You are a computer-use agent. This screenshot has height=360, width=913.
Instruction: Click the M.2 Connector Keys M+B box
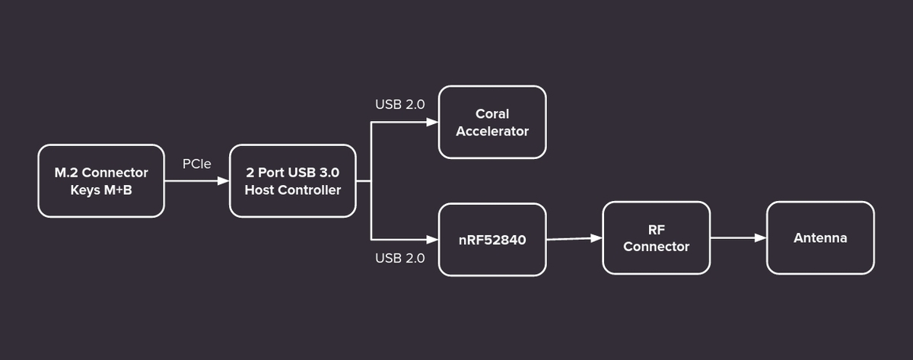coord(101,180)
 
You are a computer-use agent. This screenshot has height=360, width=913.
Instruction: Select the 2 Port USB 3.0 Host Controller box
coord(293,180)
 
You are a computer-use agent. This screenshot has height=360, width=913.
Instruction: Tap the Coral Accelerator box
coord(492,122)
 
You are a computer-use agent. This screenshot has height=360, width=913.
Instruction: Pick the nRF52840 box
coord(492,240)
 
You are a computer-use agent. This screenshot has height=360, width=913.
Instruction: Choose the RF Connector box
coord(656,237)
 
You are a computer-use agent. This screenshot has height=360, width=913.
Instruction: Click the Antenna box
coord(820,237)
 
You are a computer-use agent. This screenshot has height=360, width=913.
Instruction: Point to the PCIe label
coord(197,164)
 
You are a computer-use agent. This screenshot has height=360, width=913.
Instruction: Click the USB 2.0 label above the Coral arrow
coord(400,104)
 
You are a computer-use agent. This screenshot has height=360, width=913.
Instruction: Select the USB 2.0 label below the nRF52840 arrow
coord(400,258)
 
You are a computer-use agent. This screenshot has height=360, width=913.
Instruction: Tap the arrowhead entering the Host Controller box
coord(224,180)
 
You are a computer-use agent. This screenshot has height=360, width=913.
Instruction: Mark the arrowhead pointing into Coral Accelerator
coord(432,122)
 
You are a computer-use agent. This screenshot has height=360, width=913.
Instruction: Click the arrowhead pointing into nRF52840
coord(432,240)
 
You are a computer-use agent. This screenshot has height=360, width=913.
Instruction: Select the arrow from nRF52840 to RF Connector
coord(574,239)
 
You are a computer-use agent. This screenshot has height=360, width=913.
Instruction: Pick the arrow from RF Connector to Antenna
coord(739,237)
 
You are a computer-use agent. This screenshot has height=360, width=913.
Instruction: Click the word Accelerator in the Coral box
coord(492,131)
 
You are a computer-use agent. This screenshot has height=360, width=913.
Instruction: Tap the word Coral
coord(492,113)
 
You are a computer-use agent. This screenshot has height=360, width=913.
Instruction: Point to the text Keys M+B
coord(101,190)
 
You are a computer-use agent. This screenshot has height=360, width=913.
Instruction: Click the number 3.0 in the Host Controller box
coord(329,173)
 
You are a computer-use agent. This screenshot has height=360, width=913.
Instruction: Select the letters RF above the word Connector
coord(656,230)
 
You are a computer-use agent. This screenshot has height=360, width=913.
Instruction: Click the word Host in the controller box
coord(259,190)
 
